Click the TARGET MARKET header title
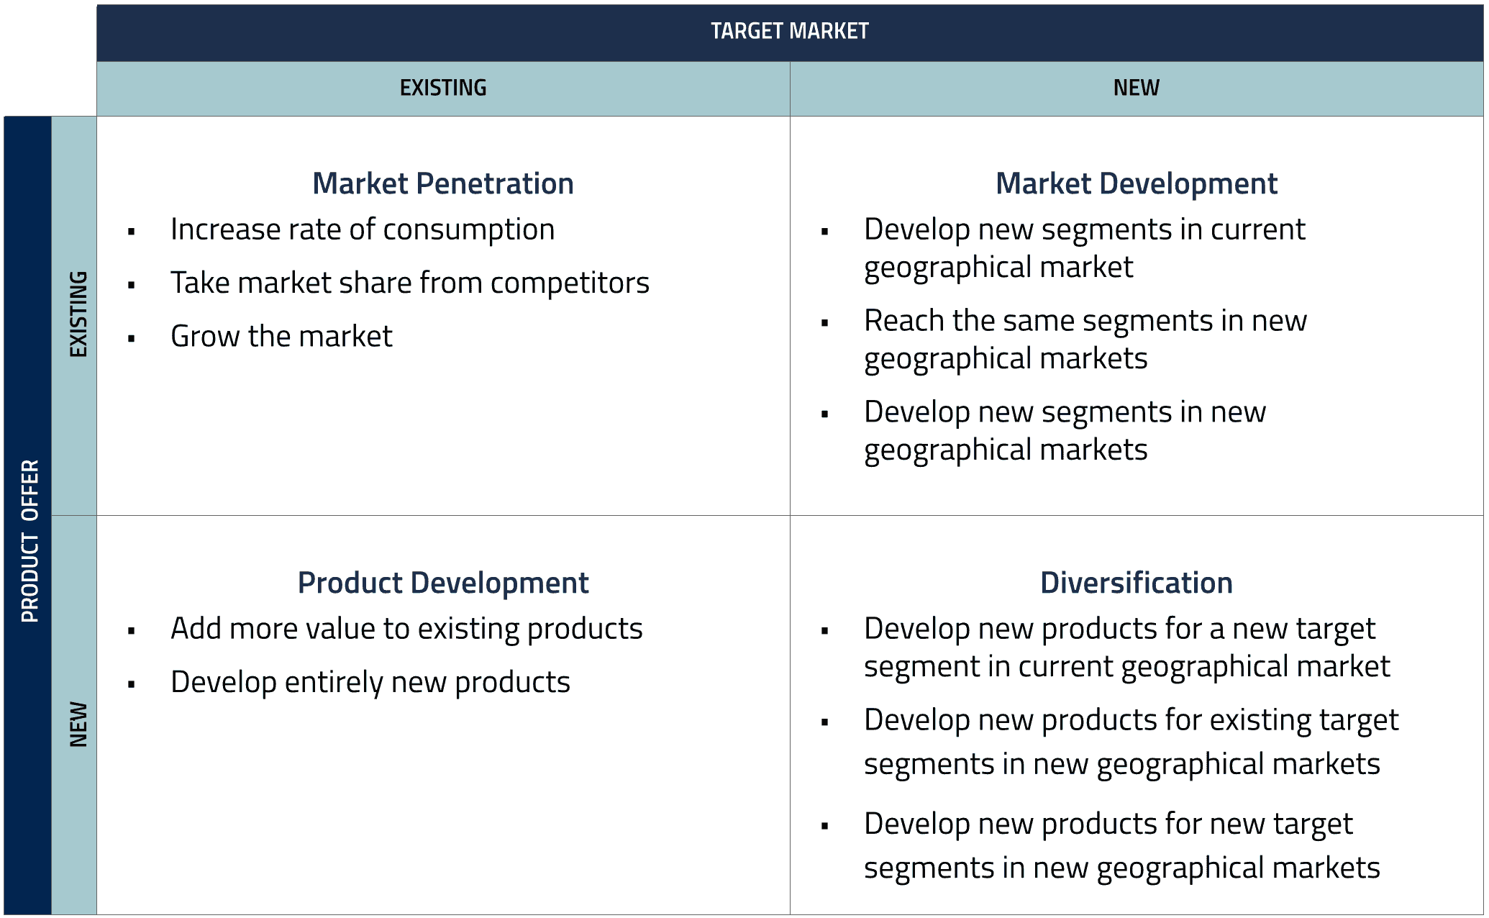click(x=789, y=31)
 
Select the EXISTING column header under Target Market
click(x=443, y=88)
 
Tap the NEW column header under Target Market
click(x=1136, y=88)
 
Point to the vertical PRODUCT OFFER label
click(x=29, y=541)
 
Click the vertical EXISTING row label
click(x=78, y=314)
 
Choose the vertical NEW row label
click(x=78, y=724)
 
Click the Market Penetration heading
click(x=443, y=183)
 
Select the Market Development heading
click(x=1136, y=183)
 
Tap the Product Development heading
click(x=443, y=583)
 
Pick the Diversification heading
click(x=1136, y=583)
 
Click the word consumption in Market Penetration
click(x=468, y=230)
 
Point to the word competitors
click(x=570, y=283)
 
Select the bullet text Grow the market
click(x=281, y=337)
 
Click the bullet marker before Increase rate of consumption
click(x=131, y=232)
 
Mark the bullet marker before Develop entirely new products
click(x=131, y=684)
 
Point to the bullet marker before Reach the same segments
click(x=824, y=323)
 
